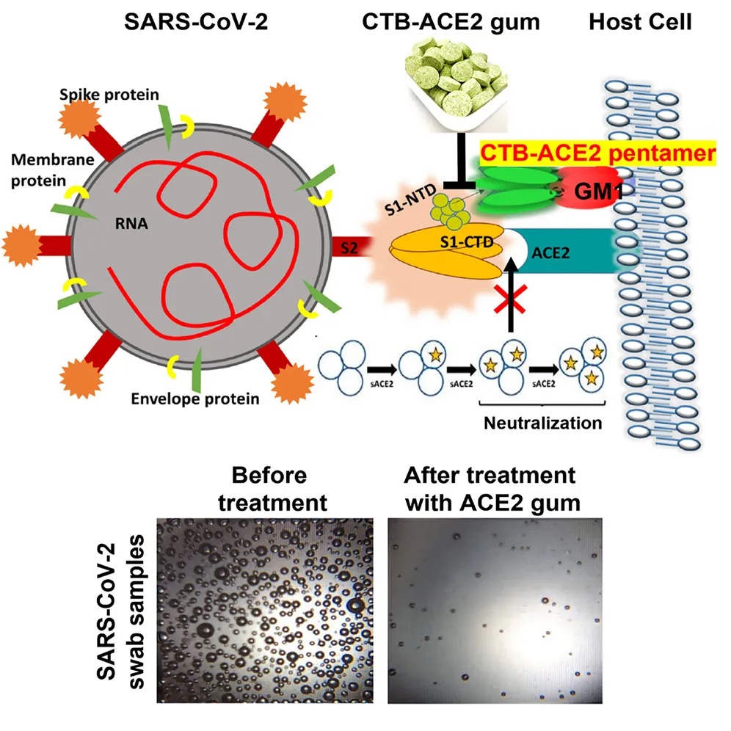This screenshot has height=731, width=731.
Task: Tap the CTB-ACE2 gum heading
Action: point(451,23)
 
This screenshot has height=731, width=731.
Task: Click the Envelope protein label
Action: point(195,399)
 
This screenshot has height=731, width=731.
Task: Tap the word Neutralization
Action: point(542,423)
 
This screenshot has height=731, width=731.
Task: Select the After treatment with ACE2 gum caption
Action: point(489,489)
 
